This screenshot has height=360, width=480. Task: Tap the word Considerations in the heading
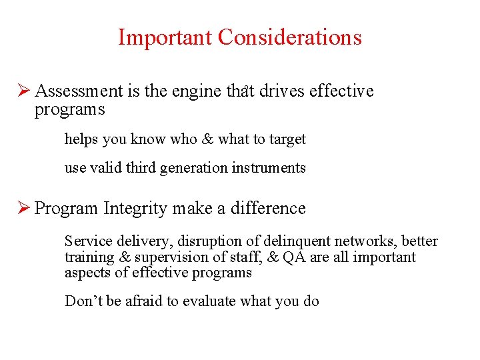click(289, 37)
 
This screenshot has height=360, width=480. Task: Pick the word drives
click(283, 91)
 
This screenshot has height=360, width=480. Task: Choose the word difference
click(268, 208)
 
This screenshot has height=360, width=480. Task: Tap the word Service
click(85, 241)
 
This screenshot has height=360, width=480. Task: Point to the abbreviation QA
click(293, 257)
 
